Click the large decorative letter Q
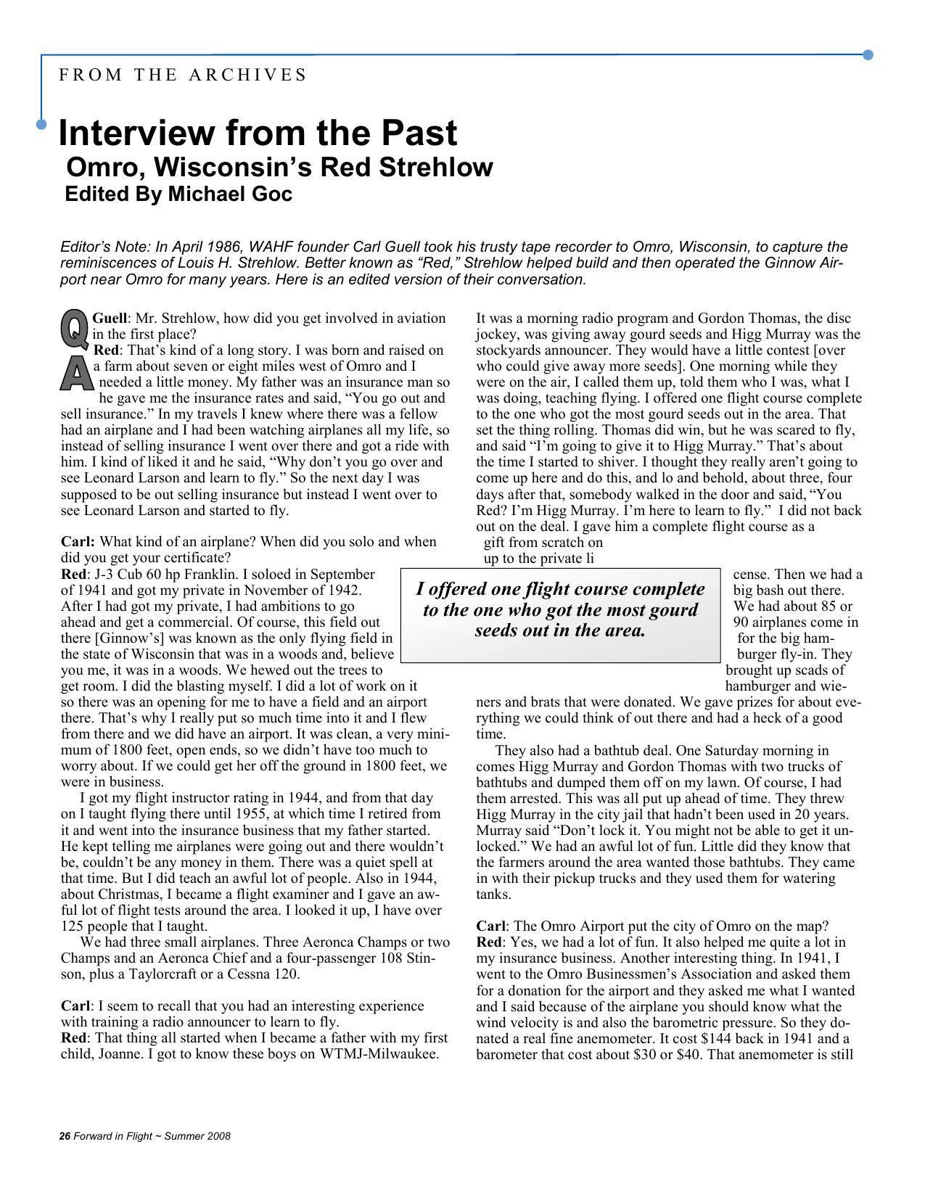click(74, 328)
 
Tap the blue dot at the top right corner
click(868, 54)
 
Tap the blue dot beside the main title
click(41, 124)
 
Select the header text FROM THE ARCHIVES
click(183, 75)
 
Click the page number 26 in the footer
click(64, 1136)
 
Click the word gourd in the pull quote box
click(672, 609)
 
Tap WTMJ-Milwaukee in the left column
click(379, 1053)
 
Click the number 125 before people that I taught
click(72, 926)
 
